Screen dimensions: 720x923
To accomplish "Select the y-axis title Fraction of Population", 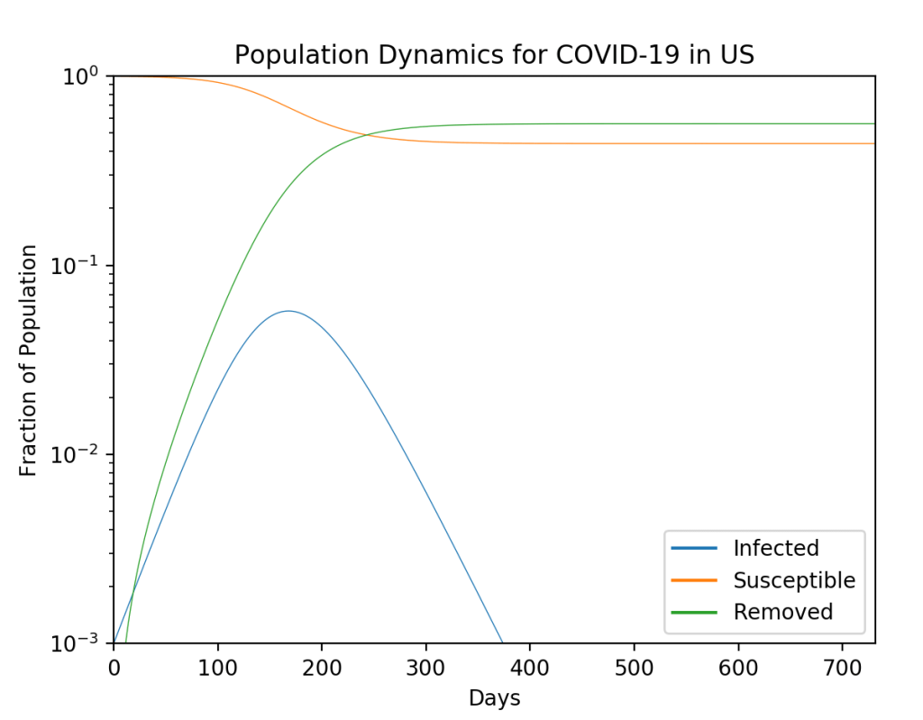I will point(29,360).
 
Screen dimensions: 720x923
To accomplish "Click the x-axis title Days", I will point(494,697).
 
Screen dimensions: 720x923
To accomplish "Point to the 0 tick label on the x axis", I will point(114,668).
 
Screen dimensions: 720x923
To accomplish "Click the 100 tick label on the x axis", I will point(217,668).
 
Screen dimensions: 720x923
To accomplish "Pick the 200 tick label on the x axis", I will point(322,668).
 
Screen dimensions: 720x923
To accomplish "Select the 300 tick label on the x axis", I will point(425,668).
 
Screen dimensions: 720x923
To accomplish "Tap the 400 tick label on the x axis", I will point(530,668).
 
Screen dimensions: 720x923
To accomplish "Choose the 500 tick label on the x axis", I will point(634,668).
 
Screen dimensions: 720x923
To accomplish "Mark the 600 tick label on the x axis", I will point(738,668).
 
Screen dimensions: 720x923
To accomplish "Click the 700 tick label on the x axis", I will point(842,668).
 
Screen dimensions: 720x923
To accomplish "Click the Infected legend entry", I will point(775,548).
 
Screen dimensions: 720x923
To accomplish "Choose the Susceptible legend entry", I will point(793,579).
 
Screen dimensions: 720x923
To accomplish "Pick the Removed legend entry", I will point(782,612).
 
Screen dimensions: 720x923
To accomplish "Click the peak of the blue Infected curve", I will point(288,311).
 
